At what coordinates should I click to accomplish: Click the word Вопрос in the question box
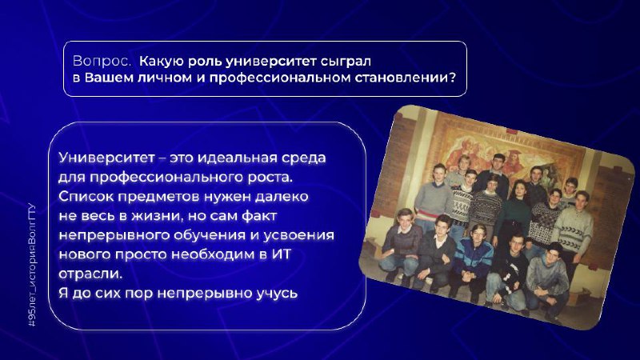coord(102,62)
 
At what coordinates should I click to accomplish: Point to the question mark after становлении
coord(452,77)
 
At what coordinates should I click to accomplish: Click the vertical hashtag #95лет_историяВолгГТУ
coord(32,265)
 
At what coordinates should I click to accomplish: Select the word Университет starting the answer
coord(106,158)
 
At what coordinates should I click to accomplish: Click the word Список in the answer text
coord(86,196)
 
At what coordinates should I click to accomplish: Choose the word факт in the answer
coord(259,216)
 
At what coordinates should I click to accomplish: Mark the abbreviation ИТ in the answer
coord(282,254)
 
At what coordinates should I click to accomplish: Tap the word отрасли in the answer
coord(90,274)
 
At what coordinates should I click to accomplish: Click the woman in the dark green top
coord(516,212)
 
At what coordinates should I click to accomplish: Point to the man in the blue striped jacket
coord(474,262)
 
